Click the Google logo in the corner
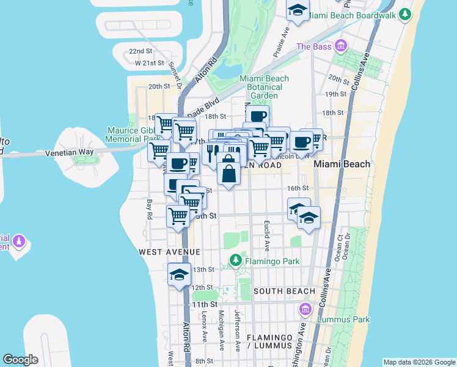[20, 360]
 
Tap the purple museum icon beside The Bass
[341, 46]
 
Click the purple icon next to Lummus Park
[305, 310]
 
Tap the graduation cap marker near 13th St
[179, 273]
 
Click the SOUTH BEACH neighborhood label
[284, 291]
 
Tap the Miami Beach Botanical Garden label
[265, 87]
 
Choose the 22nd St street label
[141, 51]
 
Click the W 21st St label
[150, 62]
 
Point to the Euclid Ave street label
[267, 236]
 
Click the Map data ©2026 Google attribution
[419, 362]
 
